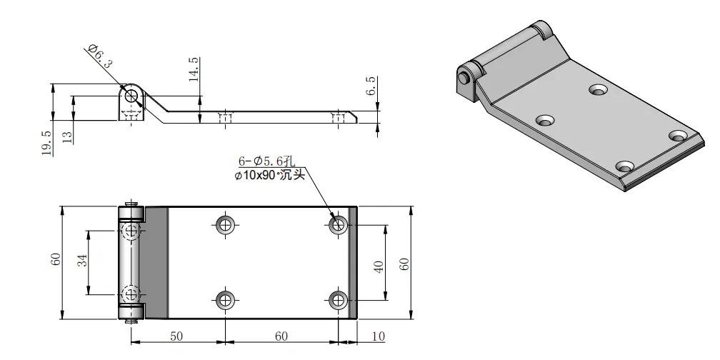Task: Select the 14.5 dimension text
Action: pyautogui.click(x=194, y=69)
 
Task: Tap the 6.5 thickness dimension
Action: pyautogui.click(x=371, y=86)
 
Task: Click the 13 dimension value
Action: pyautogui.click(x=67, y=137)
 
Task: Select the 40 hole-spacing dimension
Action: pyautogui.click(x=379, y=267)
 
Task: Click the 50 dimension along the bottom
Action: pyautogui.click(x=176, y=336)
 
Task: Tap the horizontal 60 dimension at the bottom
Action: pyautogui.click(x=281, y=336)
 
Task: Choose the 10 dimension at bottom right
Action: pyautogui.click(x=378, y=336)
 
